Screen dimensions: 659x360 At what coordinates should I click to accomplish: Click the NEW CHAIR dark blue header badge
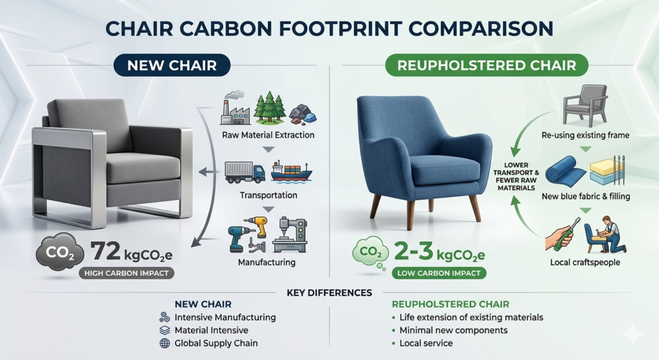(x=172, y=65)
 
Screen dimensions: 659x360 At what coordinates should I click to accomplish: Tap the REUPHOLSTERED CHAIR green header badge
(x=487, y=65)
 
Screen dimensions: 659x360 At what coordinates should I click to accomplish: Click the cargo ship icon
(x=292, y=171)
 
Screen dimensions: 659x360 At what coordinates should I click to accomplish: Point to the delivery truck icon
(x=245, y=173)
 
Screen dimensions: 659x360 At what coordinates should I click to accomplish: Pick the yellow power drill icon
(x=257, y=227)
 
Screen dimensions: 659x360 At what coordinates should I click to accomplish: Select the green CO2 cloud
(x=370, y=252)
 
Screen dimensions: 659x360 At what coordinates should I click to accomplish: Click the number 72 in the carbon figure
(x=106, y=251)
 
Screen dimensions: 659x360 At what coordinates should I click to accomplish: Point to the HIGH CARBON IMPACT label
(x=126, y=273)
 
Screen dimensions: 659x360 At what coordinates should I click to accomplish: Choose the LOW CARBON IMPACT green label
(x=439, y=273)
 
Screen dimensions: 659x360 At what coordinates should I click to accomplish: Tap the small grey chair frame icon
(x=585, y=105)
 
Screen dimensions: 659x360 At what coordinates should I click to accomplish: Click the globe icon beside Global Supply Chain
(x=165, y=343)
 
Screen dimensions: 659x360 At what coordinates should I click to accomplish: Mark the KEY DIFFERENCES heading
(x=329, y=293)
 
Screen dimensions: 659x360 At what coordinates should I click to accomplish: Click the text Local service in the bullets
(x=426, y=343)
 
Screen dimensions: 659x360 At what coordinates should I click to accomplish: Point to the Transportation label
(x=268, y=195)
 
